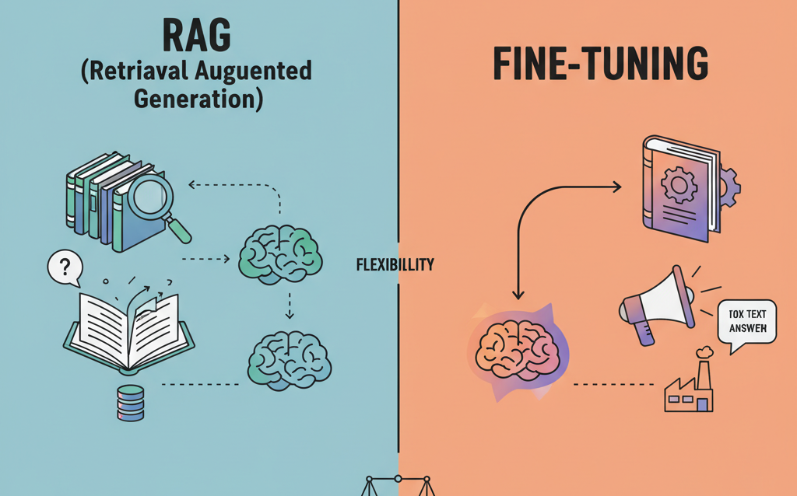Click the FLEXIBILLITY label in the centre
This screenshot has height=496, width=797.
[395, 264]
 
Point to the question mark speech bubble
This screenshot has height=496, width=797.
[65, 269]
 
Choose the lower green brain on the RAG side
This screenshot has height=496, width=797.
[289, 358]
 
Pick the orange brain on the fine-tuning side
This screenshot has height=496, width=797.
[518, 345]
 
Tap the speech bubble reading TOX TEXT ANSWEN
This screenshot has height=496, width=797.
[747, 323]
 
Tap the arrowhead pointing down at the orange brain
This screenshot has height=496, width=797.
[518, 294]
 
